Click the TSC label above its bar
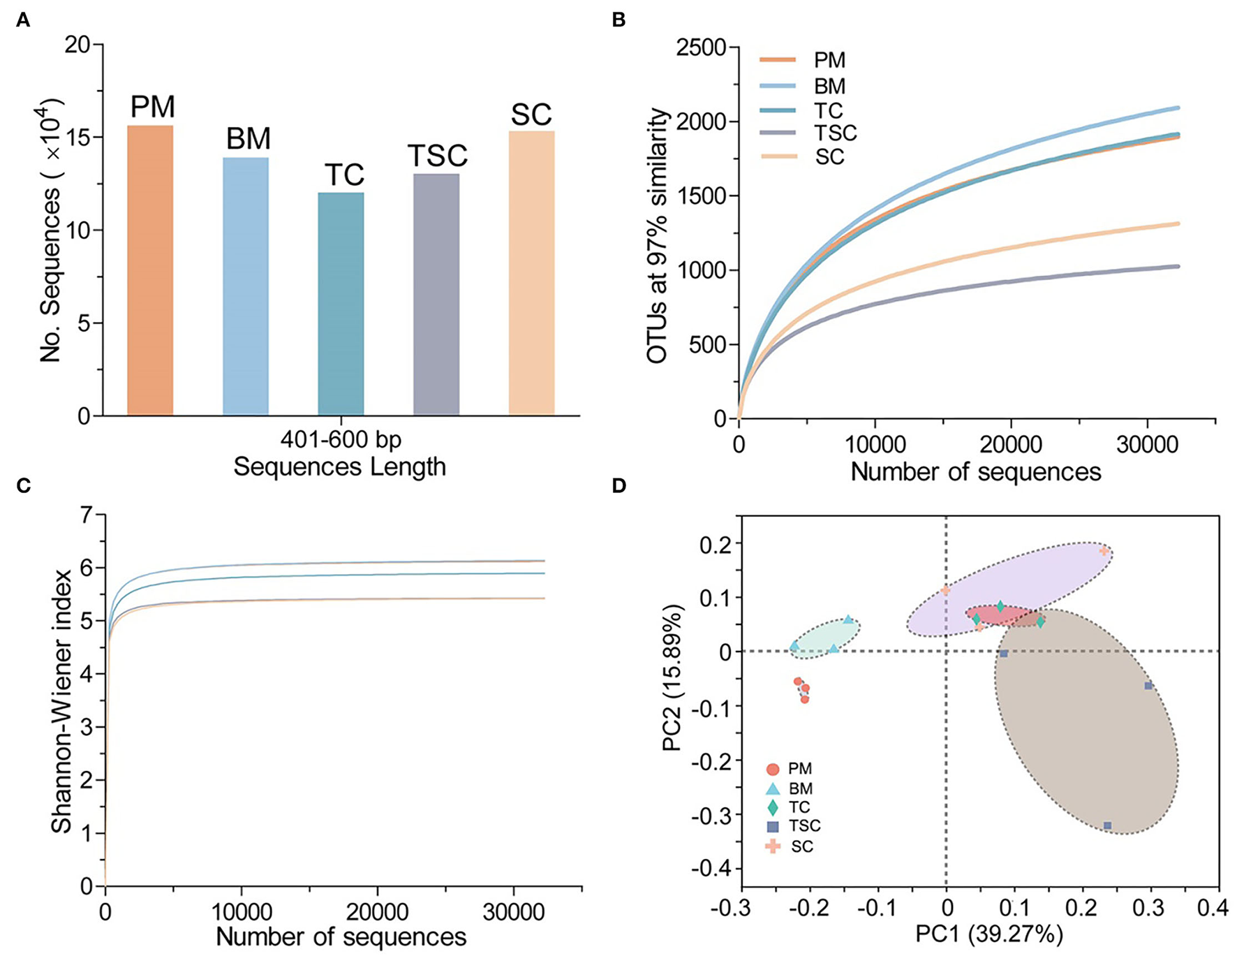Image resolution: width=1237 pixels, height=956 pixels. (x=437, y=156)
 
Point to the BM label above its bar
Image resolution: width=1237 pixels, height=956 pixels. (x=248, y=140)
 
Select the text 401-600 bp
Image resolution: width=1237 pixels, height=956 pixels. (x=341, y=441)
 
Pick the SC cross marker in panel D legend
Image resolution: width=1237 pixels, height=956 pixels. (x=773, y=846)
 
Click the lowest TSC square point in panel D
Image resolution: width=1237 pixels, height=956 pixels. (x=1107, y=825)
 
